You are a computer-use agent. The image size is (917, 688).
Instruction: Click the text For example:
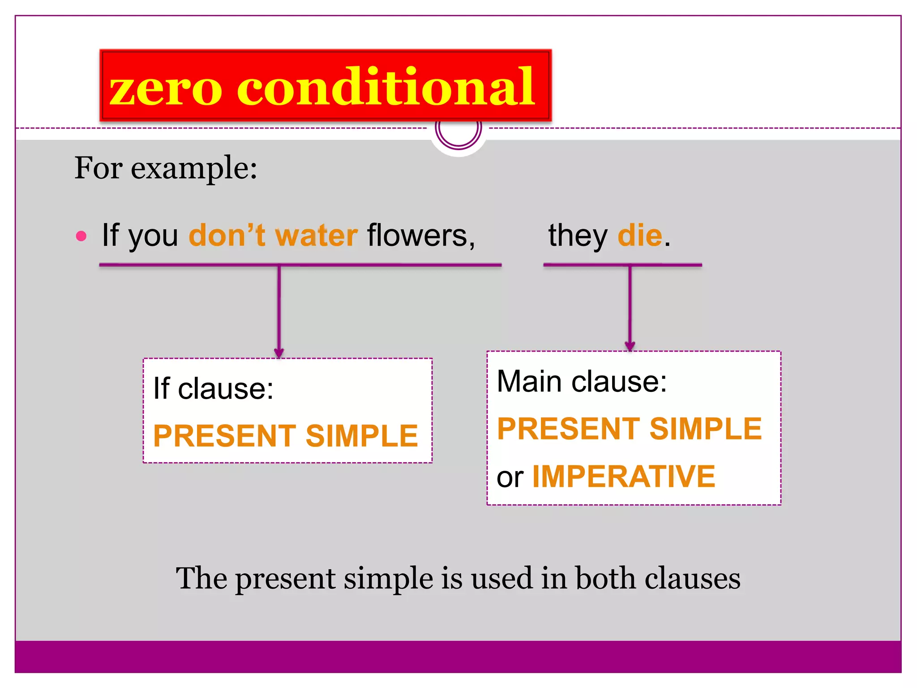(x=166, y=168)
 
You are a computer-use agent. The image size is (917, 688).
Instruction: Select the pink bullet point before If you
(x=81, y=236)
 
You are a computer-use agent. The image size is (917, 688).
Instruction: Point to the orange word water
(x=316, y=236)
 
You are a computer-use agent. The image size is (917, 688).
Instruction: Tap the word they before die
(x=578, y=236)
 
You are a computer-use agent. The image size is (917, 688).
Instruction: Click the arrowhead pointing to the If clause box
(x=279, y=353)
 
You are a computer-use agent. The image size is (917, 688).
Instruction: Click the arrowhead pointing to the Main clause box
(x=630, y=346)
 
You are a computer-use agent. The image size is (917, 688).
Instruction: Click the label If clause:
(x=213, y=388)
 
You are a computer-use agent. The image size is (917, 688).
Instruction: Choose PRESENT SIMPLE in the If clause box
(x=285, y=436)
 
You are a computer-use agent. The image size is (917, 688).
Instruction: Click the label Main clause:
(x=582, y=382)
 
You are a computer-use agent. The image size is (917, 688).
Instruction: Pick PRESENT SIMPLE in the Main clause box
(x=629, y=429)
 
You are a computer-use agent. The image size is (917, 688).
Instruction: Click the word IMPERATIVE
(x=623, y=476)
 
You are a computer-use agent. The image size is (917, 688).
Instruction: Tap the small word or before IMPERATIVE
(x=510, y=477)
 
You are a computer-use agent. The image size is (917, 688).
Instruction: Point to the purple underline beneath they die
(x=622, y=265)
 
